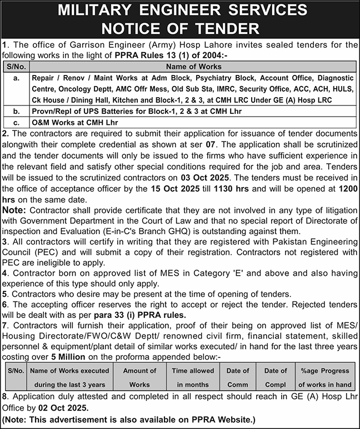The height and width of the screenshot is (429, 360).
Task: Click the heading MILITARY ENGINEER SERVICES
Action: [180, 11]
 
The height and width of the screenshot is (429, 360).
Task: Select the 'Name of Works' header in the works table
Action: [192, 67]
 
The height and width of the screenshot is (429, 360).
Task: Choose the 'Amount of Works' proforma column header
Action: [139, 377]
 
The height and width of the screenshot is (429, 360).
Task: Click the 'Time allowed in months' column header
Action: [193, 377]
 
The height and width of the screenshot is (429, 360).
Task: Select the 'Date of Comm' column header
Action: [238, 377]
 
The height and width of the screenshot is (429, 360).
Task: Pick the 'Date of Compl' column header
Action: [275, 377]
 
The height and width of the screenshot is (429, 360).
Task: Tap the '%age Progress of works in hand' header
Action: [324, 377]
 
